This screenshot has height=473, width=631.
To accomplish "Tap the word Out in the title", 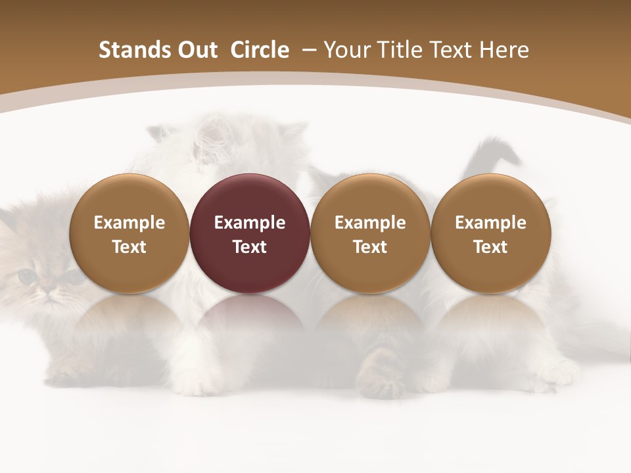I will click(195, 50).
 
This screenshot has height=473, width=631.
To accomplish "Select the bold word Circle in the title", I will click(260, 50).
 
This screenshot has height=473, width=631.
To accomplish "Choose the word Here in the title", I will click(504, 50).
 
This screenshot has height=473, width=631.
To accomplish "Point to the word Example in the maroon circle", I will click(250, 223).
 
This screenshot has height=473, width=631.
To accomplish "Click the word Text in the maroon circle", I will click(250, 247).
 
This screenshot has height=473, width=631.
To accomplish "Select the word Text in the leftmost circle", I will click(129, 247).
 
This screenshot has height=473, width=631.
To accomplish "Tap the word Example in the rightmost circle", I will click(490, 223).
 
